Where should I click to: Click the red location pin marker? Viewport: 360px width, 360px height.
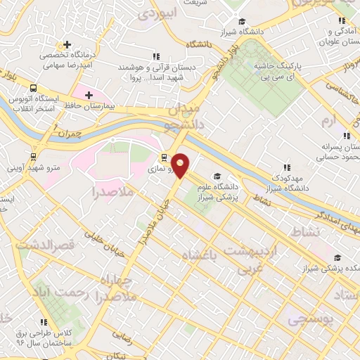pos(181,165)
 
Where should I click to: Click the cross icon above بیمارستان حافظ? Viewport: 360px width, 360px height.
pos(88,94)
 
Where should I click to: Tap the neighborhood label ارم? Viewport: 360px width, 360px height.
pos(328,122)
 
